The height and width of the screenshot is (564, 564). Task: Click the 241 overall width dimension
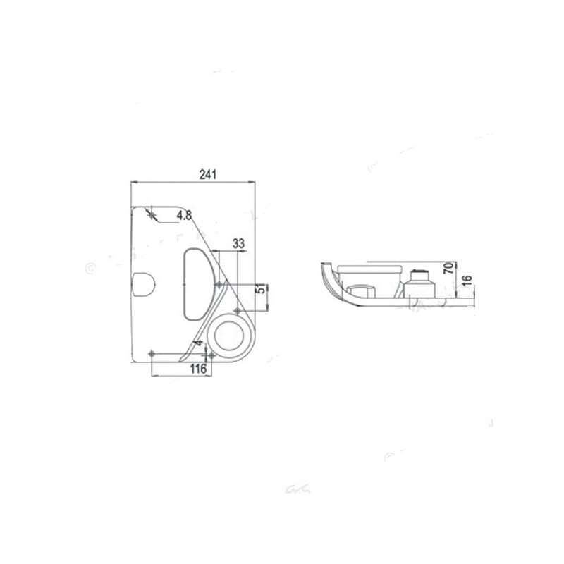coord(207,175)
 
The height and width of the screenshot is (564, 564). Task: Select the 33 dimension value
coord(238,243)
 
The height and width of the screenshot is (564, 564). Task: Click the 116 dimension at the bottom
coord(198,369)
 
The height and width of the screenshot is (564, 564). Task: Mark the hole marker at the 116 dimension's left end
coord(152,352)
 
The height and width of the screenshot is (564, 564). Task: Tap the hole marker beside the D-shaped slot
coord(219,285)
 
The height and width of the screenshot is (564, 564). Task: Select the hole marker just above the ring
coord(238,310)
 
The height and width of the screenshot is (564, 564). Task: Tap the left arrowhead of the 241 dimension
coord(134,182)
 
